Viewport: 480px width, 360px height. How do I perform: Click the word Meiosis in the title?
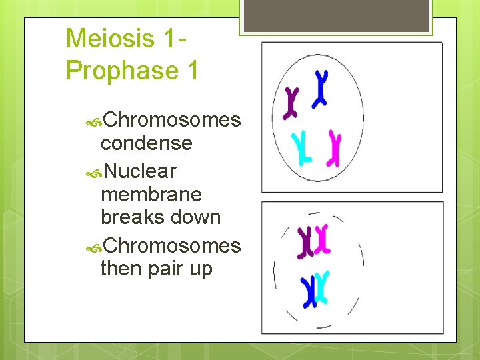click(x=111, y=39)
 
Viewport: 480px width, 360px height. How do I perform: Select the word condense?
click(x=146, y=143)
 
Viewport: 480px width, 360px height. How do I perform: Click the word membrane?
click(x=151, y=195)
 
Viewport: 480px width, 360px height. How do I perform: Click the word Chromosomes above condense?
click(x=171, y=120)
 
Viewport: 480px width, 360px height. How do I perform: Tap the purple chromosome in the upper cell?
click(x=291, y=103)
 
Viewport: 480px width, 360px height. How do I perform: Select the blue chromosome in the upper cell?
click(x=321, y=88)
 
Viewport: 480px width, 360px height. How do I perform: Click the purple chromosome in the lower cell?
click(x=306, y=242)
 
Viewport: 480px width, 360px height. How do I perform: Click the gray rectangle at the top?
click(x=336, y=15)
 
